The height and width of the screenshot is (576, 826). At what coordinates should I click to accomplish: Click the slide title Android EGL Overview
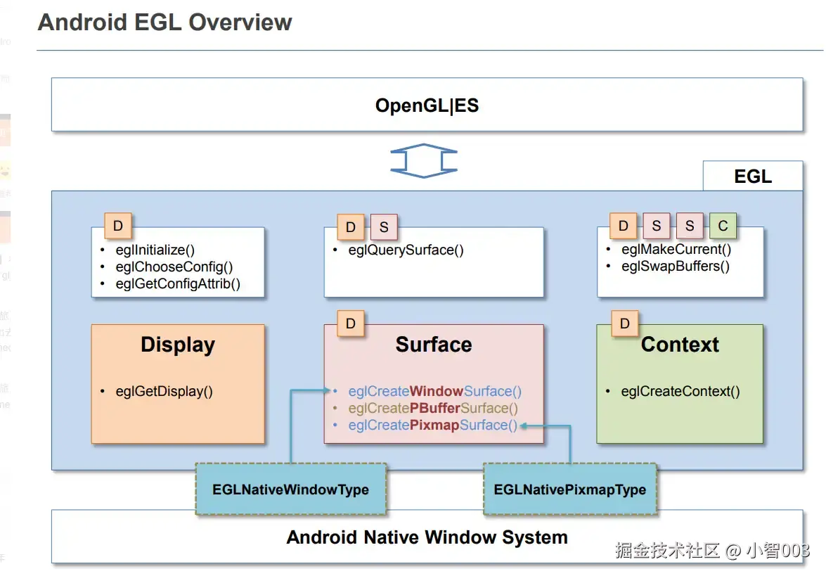point(164,22)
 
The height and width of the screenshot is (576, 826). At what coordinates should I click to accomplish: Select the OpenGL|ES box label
point(427,105)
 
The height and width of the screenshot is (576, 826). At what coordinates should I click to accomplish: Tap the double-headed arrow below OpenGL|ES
point(424,160)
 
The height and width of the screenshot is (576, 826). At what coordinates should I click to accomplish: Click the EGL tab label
point(753,177)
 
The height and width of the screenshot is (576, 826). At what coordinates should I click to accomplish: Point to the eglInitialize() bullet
point(155,250)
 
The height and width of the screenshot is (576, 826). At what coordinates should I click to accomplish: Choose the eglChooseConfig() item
point(174,267)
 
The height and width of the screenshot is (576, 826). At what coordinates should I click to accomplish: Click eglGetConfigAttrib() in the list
point(178,284)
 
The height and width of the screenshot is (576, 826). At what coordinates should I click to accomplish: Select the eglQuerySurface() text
point(406,250)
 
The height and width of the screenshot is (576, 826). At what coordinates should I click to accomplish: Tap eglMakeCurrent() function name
point(676,249)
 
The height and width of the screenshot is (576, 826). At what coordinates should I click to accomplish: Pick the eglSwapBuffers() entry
point(675,266)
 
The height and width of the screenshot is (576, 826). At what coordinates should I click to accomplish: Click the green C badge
point(723,226)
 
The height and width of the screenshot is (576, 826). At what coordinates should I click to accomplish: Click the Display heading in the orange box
point(178,345)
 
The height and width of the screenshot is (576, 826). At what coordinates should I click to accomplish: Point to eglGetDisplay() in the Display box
point(164,392)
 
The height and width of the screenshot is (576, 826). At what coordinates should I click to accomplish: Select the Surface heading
point(433,345)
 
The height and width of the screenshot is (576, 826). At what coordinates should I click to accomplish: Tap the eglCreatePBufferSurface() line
point(433,408)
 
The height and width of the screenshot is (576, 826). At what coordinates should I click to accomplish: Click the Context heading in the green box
point(680,345)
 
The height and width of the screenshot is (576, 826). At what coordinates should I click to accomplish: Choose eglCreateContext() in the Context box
point(680,392)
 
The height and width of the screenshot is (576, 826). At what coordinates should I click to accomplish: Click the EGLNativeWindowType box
point(290,489)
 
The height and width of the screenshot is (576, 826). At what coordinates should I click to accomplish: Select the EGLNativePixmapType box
point(569,489)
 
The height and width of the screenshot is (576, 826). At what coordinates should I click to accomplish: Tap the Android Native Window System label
point(427,538)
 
